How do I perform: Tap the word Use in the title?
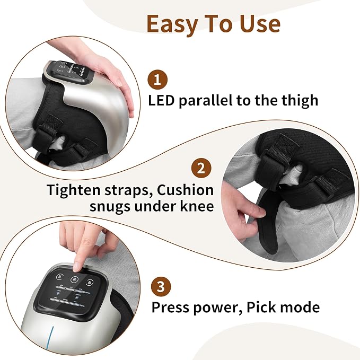point(260,24)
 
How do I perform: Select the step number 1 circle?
point(157,80)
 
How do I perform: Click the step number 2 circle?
point(201,168)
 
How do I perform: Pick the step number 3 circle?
point(161,287)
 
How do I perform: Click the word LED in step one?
point(161,101)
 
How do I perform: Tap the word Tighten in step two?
point(74,191)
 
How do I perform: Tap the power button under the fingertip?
point(74,279)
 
